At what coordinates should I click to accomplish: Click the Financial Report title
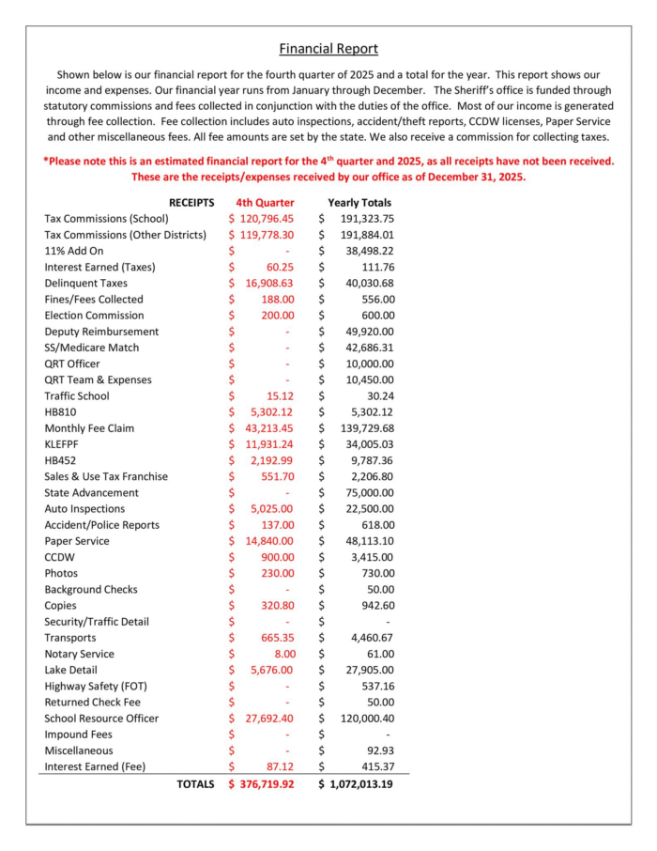click(x=328, y=49)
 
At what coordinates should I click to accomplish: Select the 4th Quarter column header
click(x=265, y=202)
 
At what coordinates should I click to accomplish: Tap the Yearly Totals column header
click(x=359, y=202)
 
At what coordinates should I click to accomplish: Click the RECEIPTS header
click(x=191, y=202)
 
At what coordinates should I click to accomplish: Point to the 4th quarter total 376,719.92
click(x=267, y=783)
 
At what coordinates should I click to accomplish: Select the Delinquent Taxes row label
click(x=86, y=283)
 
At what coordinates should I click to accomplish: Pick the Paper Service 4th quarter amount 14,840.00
click(x=269, y=541)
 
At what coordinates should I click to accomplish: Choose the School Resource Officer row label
click(x=101, y=719)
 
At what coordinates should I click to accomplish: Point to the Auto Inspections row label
click(x=84, y=508)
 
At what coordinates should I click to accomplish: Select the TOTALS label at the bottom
click(x=195, y=783)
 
